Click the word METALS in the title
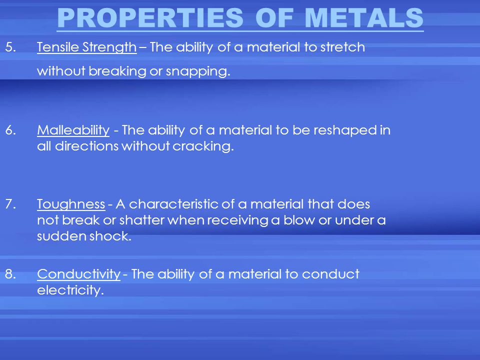click(x=364, y=18)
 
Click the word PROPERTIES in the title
click(x=150, y=18)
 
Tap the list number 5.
click(x=10, y=47)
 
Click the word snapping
click(x=198, y=71)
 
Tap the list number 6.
click(x=10, y=130)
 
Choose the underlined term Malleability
click(x=73, y=130)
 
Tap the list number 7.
click(x=10, y=204)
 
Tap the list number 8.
click(x=10, y=274)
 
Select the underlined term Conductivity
click(x=78, y=274)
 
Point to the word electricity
click(x=70, y=290)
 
